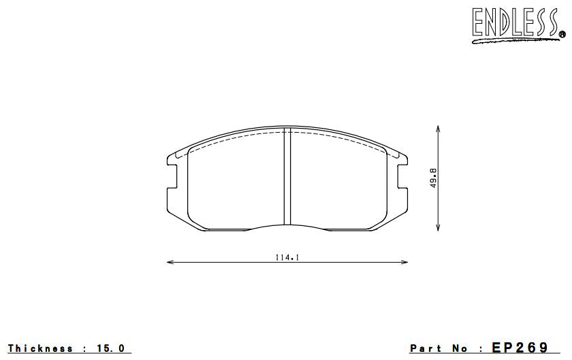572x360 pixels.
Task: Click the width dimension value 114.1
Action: [287, 257]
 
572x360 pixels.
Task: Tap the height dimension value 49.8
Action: [433, 178]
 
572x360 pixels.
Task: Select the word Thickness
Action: [41, 348]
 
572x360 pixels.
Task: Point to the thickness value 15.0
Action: [110, 348]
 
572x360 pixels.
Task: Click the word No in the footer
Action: [463, 348]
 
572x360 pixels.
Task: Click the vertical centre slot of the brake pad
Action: [287, 177]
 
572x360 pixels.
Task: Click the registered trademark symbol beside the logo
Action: [562, 33]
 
